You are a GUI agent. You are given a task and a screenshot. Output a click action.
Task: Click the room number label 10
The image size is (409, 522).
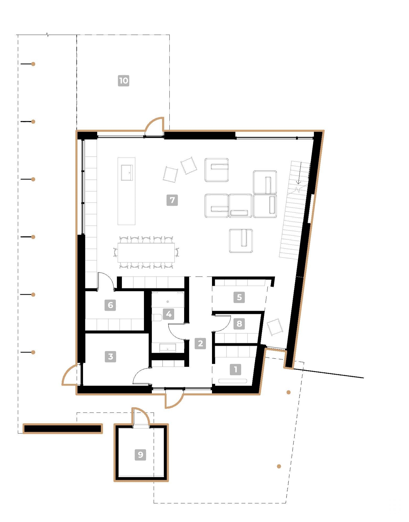point(123,80)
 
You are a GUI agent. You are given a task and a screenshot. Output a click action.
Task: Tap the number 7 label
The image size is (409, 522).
point(172,200)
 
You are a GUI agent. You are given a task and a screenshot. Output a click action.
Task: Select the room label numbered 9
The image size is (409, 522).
point(140,454)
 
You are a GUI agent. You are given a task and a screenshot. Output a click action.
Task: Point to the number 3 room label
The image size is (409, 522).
point(110,356)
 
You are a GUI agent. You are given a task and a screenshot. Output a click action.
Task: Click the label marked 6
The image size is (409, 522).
point(110,305)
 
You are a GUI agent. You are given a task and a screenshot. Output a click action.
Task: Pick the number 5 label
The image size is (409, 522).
point(239,297)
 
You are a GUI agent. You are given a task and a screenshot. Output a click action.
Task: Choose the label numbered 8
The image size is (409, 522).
point(239,323)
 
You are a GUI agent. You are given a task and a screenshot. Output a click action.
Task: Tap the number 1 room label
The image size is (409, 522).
point(235,369)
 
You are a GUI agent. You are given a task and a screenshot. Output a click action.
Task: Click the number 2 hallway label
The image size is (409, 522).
point(200,343)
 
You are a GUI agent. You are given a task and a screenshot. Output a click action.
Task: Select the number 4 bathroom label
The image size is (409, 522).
point(169,314)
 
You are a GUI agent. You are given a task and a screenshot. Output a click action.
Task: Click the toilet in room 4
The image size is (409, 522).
point(157,318)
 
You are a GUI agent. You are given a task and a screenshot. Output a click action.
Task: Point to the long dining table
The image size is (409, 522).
point(146,252)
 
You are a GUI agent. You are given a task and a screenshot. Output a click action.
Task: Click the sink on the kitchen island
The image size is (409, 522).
point(127,173)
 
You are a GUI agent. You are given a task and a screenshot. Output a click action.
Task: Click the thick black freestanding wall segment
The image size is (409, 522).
point(63,428)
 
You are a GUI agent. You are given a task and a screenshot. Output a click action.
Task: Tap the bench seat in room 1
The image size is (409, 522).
point(232,381)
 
